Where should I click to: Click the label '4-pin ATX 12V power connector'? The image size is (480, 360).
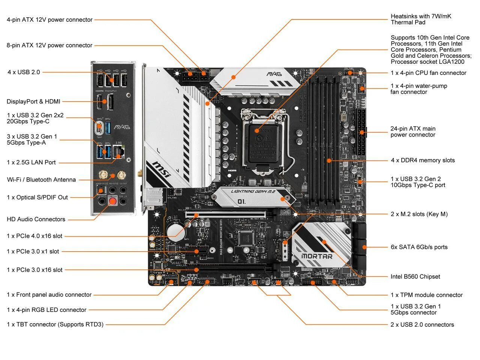point(49,20)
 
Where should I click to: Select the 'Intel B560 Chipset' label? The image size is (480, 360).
point(415,277)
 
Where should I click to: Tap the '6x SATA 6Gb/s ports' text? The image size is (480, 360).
point(419,247)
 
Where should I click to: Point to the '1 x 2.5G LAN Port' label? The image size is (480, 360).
point(31,162)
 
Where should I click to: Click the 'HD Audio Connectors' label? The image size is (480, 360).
point(36,219)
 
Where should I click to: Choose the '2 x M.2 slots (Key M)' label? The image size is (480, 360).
point(419,214)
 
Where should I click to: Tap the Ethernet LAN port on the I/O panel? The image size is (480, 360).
point(119,151)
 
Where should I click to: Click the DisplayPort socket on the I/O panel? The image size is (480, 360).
point(111,102)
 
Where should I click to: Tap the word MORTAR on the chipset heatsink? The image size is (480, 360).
point(317,256)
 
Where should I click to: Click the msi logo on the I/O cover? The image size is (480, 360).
point(161,170)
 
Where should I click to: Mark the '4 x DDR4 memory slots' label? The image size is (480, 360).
point(423,160)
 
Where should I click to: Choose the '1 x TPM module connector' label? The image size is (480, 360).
point(426,295)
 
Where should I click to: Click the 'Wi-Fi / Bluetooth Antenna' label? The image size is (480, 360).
point(41,180)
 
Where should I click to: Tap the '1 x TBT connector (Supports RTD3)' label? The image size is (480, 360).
point(55,324)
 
